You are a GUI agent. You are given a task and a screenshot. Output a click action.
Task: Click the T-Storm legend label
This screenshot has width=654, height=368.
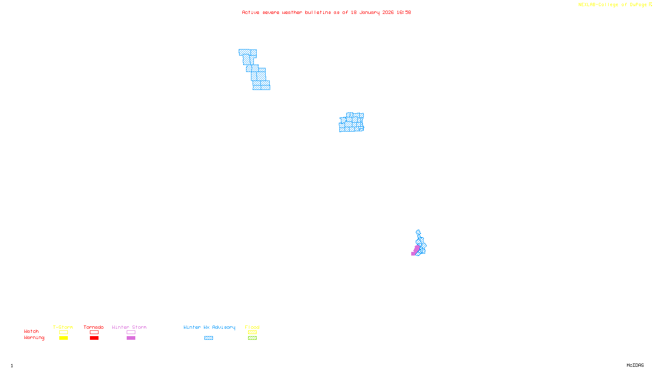pyautogui.click(x=63, y=327)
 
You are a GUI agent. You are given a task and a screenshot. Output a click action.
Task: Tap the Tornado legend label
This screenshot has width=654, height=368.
pyautogui.click(x=94, y=327)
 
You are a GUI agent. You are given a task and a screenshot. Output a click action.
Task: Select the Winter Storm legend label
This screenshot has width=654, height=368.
pyautogui.click(x=129, y=327)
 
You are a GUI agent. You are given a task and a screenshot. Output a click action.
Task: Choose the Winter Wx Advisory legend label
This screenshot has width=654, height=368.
pyautogui.click(x=209, y=327)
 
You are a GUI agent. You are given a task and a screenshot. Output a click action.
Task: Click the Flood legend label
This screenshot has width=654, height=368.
pyautogui.click(x=252, y=327)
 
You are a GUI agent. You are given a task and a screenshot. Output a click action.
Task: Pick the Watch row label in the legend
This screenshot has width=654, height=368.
pyautogui.click(x=31, y=332)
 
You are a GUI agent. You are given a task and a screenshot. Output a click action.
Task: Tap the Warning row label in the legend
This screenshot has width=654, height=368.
pyautogui.click(x=34, y=338)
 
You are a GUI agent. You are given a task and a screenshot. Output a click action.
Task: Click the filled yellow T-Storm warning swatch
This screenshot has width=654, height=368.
pyautogui.click(x=63, y=338)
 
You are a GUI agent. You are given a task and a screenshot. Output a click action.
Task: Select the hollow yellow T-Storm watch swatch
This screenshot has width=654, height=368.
pyautogui.click(x=63, y=332)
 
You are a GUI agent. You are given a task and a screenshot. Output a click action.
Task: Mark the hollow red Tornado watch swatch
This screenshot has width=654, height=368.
pyautogui.click(x=94, y=332)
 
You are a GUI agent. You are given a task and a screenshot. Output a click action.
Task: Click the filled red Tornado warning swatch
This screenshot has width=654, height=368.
pyautogui.click(x=94, y=338)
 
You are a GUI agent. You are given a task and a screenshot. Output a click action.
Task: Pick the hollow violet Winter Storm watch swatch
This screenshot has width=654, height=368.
pyautogui.click(x=131, y=332)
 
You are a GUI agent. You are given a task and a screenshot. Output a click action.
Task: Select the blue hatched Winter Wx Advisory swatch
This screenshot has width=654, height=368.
pyautogui.click(x=208, y=338)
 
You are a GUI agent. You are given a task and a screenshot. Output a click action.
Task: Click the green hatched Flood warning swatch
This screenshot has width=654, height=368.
pyautogui.click(x=252, y=338)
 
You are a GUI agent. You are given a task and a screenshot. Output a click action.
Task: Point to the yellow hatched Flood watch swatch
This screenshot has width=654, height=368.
pyautogui.click(x=252, y=332)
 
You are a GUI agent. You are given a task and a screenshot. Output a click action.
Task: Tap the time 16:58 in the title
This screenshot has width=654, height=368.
pyautogui.click(x=403, y=12)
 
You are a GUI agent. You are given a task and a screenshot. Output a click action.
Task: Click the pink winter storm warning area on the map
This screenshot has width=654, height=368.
pyautogui.click(x=416, y=250)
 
